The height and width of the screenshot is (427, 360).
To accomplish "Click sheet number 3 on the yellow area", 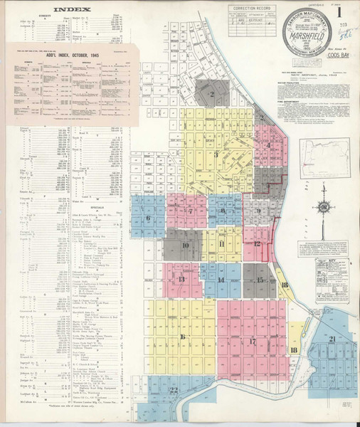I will coord(215,153).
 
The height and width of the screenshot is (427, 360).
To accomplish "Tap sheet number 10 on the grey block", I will coord(186,247).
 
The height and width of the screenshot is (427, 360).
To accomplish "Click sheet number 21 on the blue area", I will coord(333,338).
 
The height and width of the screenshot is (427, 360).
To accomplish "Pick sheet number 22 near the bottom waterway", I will coord(174,389).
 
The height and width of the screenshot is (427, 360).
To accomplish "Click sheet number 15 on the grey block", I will coord(260,280).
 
